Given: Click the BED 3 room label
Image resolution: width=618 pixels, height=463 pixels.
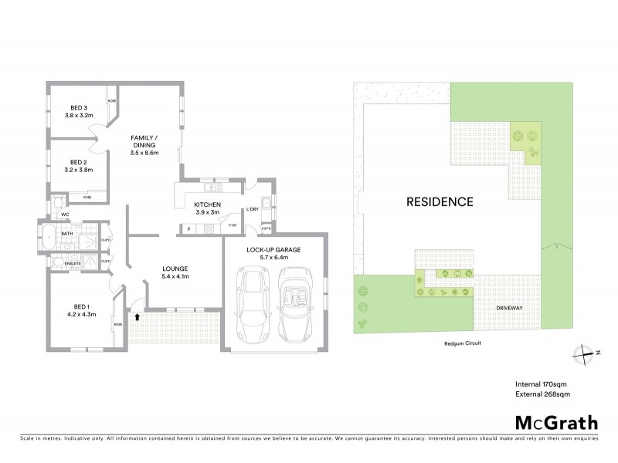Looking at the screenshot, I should (x=79, y=107).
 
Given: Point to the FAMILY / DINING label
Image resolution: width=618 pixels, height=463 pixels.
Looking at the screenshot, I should (x=144, y=140).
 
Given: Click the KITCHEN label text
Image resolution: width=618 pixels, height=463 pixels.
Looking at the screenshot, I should (x=207, y=204).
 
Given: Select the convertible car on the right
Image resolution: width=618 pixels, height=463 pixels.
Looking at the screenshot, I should (x=295, y=306).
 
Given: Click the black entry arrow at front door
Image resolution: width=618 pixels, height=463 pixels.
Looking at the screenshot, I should (x=137, y=316).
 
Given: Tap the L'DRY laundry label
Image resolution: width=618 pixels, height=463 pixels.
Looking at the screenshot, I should (x=252, y=210).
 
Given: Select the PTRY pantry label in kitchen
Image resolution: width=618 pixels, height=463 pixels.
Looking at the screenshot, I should (x=233, y=225).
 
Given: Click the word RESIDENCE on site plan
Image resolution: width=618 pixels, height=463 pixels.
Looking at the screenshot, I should (x=439, y=202).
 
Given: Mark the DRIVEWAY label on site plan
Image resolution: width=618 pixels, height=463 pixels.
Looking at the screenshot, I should (x=514, y=307).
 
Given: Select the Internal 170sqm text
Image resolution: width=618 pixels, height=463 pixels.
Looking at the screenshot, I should (x=542, y=384).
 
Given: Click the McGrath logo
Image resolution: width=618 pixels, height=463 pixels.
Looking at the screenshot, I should (x=555, y=422).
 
